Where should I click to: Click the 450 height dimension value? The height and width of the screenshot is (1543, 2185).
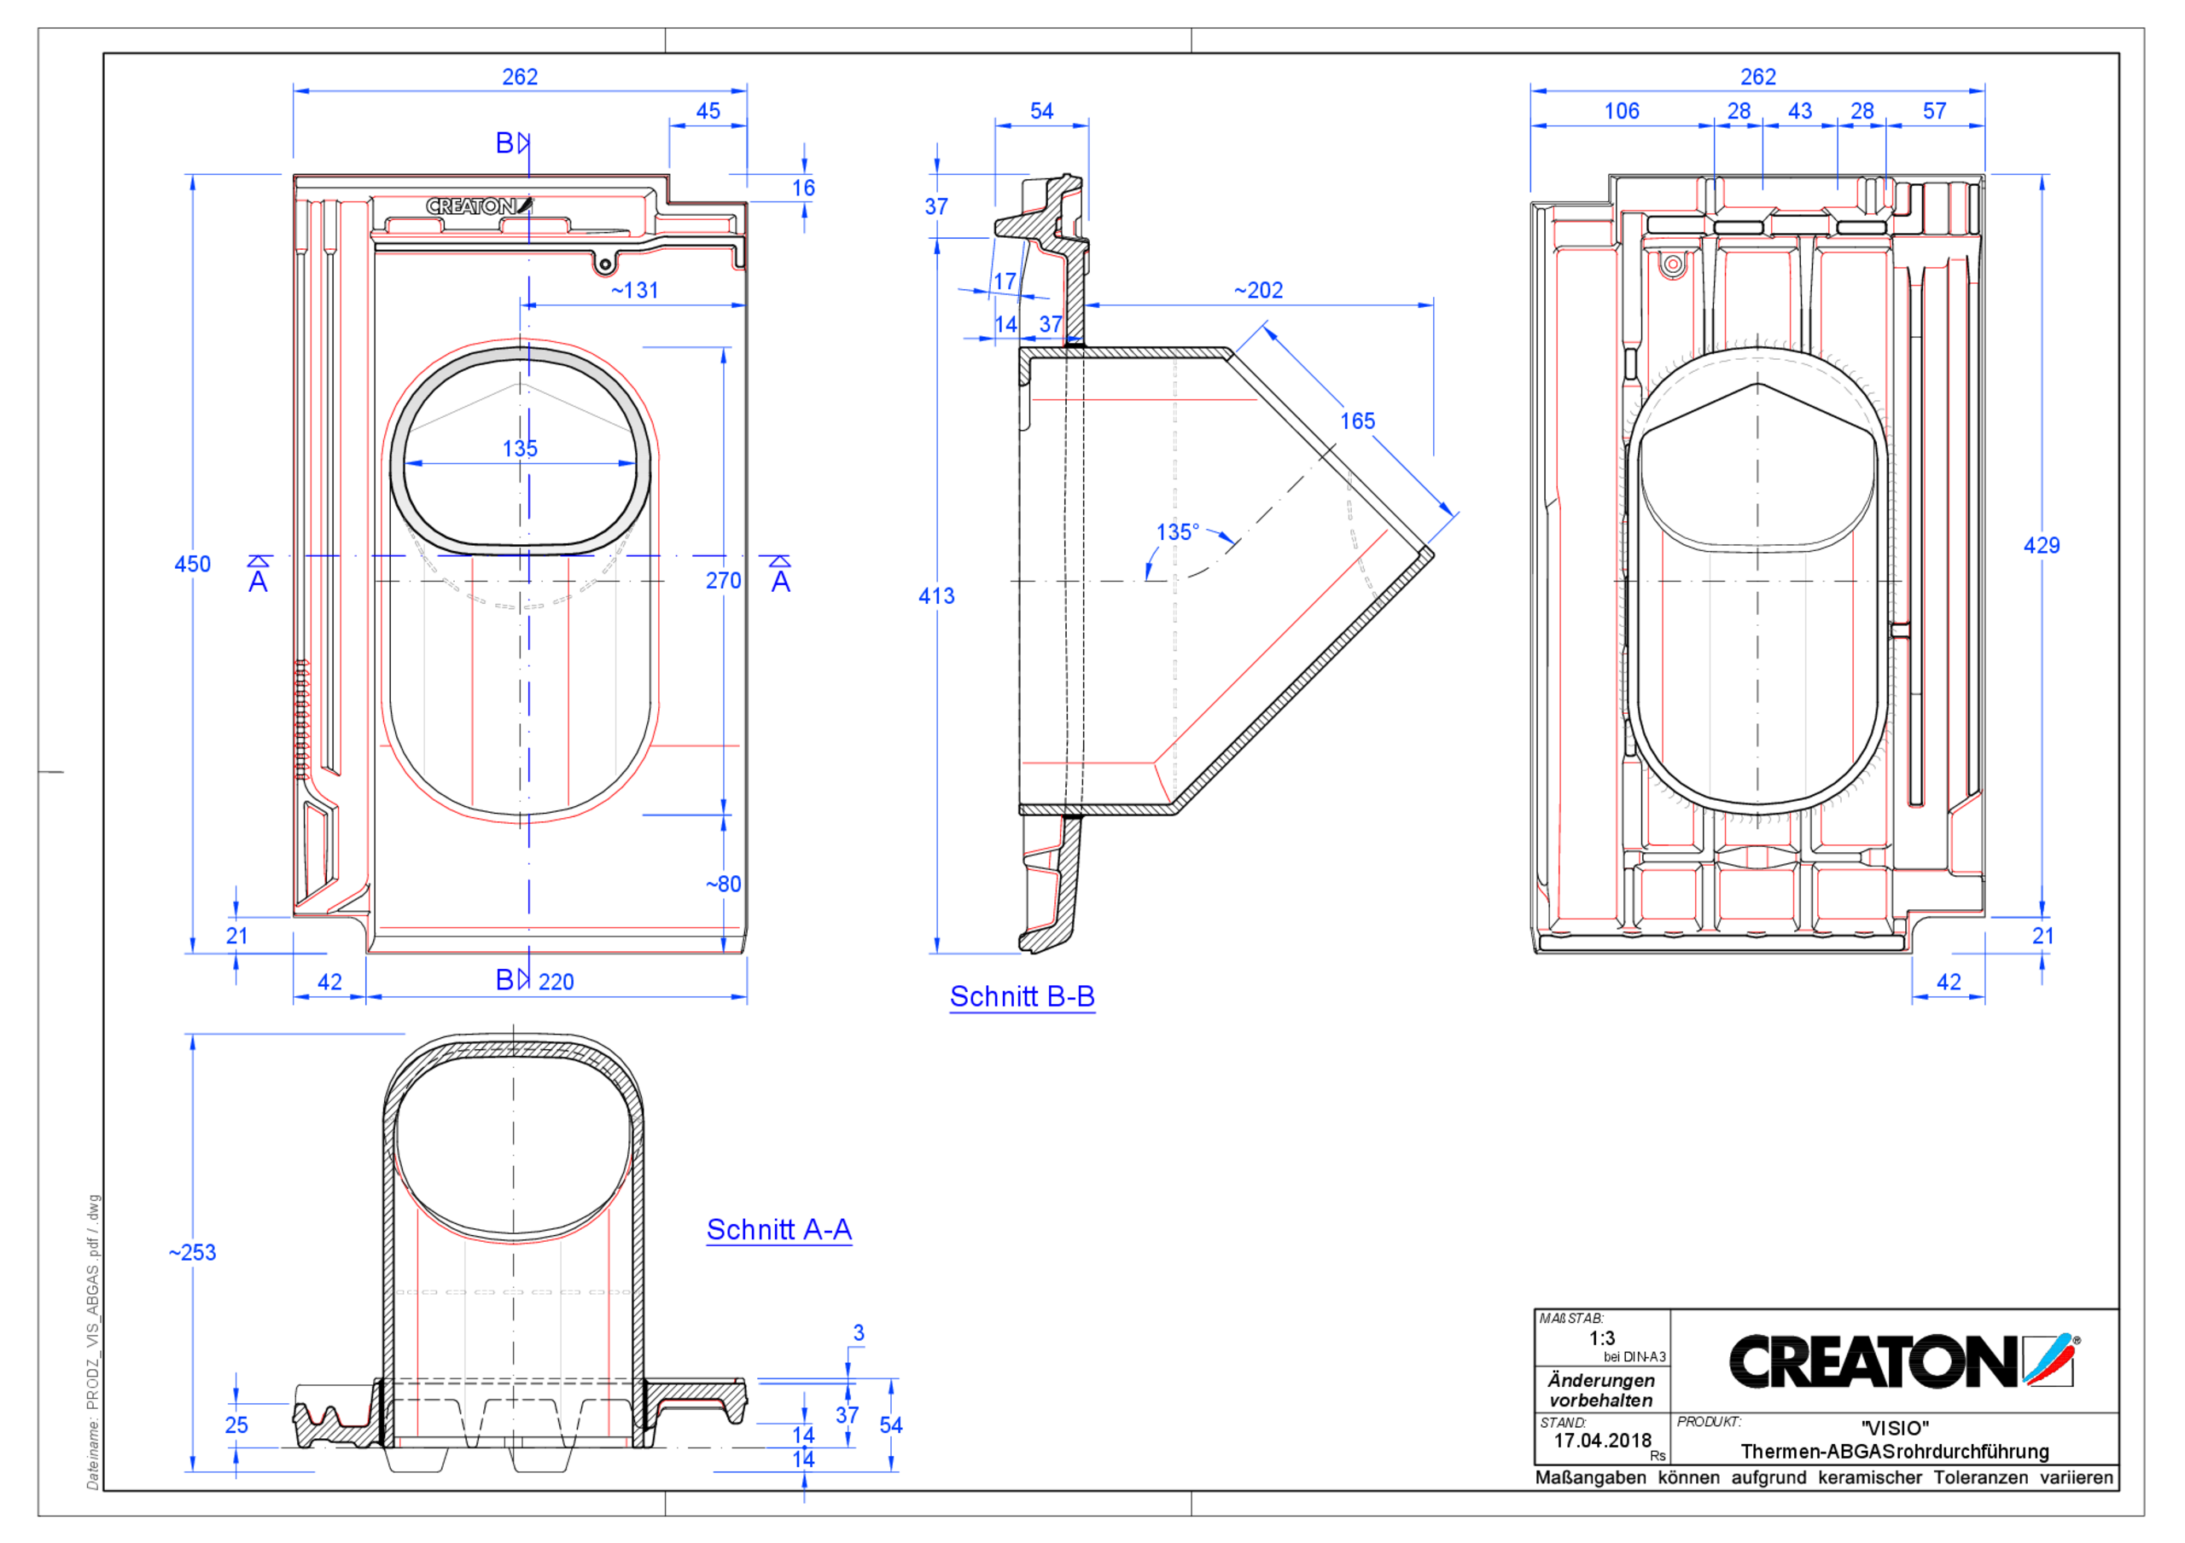coord(192,564)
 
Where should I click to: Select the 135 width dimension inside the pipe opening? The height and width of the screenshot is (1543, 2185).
coord(520,448)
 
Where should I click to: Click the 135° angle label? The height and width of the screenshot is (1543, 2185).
coord(1177,531)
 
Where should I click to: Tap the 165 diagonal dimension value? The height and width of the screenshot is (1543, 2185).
coord(1357,421)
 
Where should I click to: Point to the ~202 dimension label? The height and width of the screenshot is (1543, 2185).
coord(1258,290)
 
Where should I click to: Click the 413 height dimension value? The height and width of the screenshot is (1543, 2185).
coord(935,596)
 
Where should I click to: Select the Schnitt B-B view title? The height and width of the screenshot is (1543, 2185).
coord(1022,997)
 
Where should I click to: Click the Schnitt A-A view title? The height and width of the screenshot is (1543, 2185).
coord(778,1230)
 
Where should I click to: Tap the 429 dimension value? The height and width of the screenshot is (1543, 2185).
coord(2042,546)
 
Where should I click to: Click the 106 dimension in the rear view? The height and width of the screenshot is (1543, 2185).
coord(1622,111)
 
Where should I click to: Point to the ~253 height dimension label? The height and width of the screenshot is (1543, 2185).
coord(192,1253)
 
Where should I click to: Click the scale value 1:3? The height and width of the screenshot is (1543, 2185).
coord(1602,1338)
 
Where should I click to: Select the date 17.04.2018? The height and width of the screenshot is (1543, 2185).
coord(1603,1441)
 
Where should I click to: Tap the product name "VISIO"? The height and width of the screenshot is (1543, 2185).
coord(1894,1428)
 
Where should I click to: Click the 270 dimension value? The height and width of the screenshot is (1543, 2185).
coord(723,580)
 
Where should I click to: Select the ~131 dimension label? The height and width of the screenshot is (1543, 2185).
coord(635,290)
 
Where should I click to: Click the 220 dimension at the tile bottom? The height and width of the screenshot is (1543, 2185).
coord(556,982)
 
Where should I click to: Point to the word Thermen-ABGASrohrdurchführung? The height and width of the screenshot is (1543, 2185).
coord(1894,1452)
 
